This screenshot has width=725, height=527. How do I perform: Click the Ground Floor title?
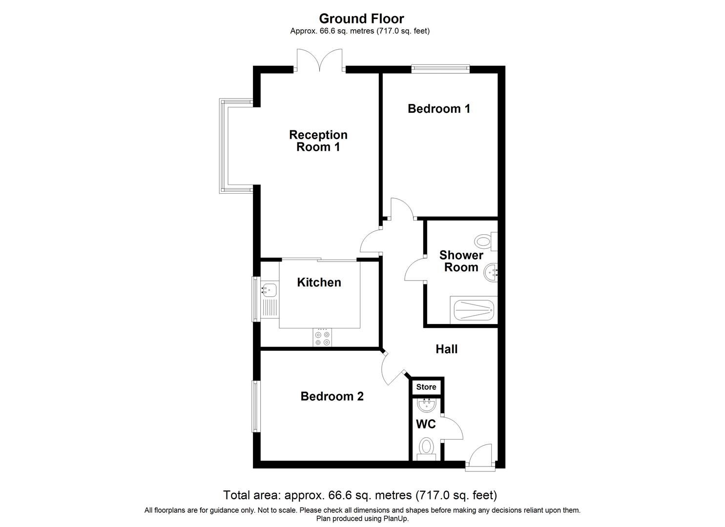[x=361, y=19]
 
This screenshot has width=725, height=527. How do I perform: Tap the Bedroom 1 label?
[x=439, y=108]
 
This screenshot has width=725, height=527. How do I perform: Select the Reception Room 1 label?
[x=318, y=141]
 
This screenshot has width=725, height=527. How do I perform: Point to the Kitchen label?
[x=319, y=282]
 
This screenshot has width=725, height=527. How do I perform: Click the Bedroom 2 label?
[x=332, y=396]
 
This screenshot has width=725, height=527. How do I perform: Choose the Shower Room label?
[x=461, y=261]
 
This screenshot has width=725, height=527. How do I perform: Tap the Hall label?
[x=447, y=349]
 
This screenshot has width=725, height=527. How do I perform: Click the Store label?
[x=426, y=387]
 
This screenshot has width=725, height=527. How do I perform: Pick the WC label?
[x=426, y=424]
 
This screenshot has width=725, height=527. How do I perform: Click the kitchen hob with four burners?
[x=322, y=338]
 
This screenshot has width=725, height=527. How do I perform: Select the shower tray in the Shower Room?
[x=474, y=310]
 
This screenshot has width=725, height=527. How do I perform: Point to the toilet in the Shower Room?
[x=485, y=241]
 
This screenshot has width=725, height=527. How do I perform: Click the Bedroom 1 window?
[x=440, y=69]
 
